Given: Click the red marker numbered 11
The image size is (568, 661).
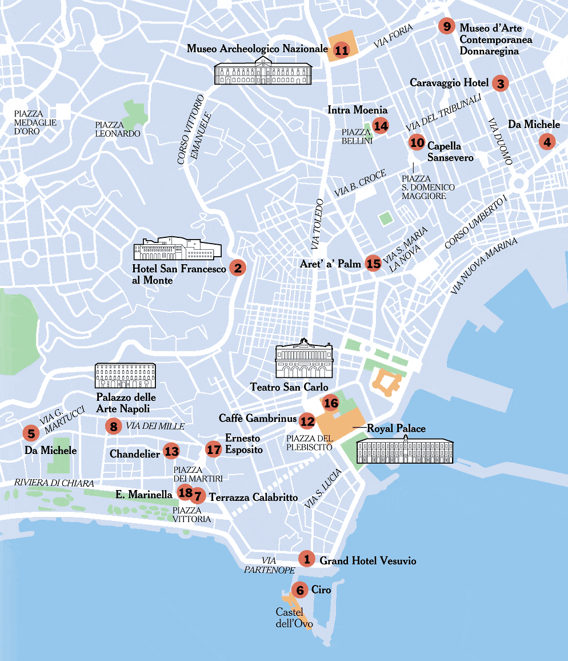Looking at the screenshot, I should click(342, 50).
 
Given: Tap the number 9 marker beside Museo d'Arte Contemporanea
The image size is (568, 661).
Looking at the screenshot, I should click(447, 26).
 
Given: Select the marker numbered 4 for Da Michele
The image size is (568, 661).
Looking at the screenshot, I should click(547, 141).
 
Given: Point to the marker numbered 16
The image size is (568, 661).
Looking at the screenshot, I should click(331, 403).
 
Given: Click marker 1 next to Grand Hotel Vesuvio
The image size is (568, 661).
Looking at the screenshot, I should click(307, 559).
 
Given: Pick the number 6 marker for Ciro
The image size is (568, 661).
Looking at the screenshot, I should click(299, 590).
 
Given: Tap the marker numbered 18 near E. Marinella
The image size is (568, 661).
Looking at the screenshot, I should click(185, 492).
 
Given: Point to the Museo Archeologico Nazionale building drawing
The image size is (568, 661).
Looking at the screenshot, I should click(263, 73).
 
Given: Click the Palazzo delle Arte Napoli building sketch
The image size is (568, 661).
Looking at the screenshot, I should click(125, 375).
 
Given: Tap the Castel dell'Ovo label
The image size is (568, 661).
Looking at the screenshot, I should click(294, 618).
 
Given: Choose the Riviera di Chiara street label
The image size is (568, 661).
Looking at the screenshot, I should click(54, 483).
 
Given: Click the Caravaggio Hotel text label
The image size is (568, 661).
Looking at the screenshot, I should click(449, 83).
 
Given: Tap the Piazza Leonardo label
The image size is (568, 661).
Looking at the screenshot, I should click(118, 129).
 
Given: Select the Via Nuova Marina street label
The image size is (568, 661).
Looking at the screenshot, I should click(483, 266).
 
